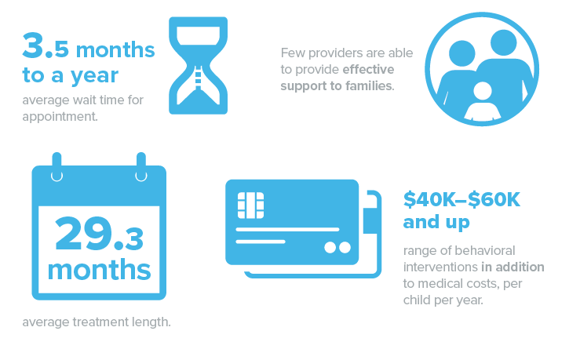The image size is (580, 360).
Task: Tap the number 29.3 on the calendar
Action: point(99,234)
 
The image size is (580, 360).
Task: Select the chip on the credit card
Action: point(250,205)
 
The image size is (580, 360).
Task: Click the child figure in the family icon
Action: point(483,102)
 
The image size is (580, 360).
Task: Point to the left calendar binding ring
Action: point(57,167)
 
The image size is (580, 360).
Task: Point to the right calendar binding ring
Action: point(141,167)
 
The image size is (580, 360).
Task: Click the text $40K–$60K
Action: point(461,199)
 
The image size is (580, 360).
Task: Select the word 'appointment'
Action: point(59,117)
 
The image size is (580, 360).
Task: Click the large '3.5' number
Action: point(46,46)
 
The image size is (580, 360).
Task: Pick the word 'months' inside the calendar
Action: point(99,270)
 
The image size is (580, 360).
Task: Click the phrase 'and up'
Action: point(436,223)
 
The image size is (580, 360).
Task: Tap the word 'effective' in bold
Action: point(368,70)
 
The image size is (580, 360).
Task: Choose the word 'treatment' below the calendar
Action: point(97,322)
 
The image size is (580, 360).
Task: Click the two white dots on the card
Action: point(337,247)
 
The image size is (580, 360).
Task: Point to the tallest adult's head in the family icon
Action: point(503,42)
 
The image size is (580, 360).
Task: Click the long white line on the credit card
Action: point(287,230)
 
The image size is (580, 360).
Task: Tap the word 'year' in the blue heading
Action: point(94,76)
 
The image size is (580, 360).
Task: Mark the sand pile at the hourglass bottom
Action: point(199,96)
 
